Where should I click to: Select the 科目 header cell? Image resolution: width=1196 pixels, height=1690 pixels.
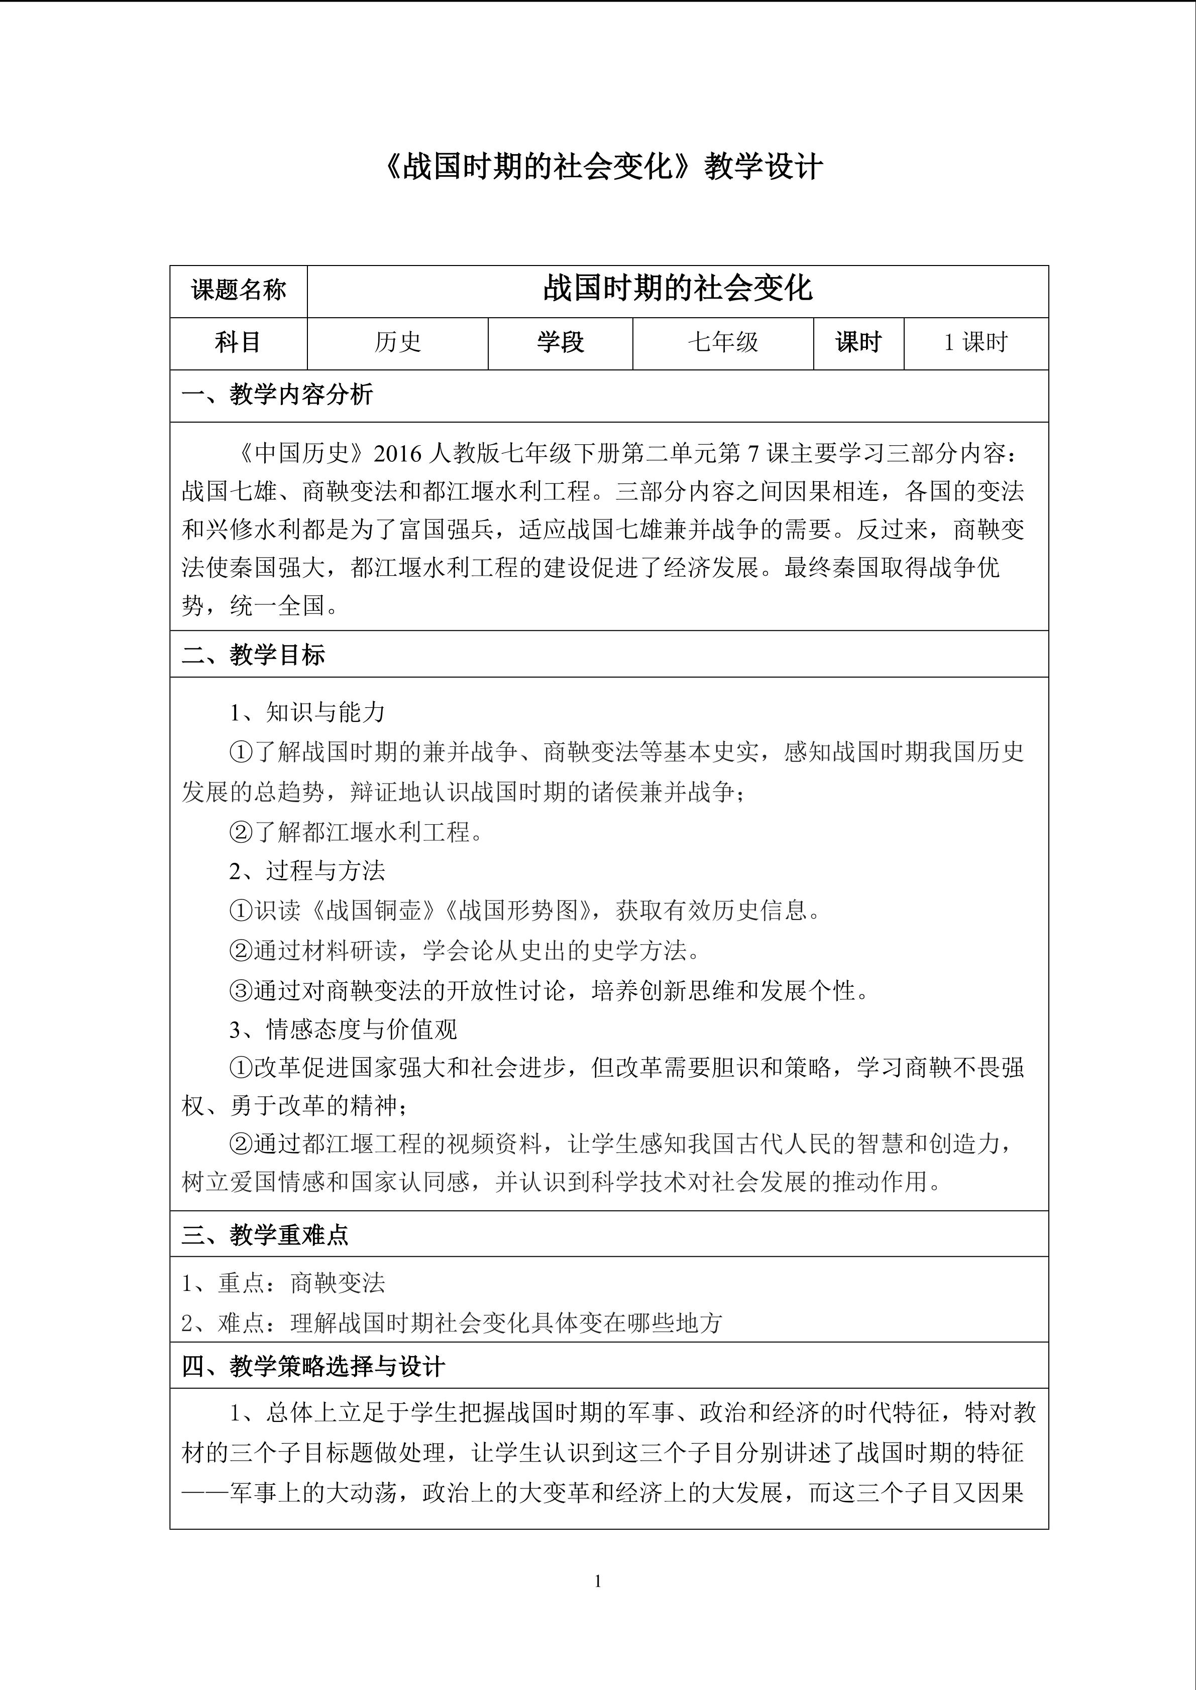click(238, 342)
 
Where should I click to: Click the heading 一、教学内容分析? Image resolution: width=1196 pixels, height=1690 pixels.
click(277, 395)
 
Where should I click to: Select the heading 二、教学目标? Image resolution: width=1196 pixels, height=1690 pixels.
click(253, 655)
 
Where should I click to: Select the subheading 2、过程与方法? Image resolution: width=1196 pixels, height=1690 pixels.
click(307, 871)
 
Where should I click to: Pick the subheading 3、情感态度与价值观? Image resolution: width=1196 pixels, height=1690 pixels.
click(343, 1029)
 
